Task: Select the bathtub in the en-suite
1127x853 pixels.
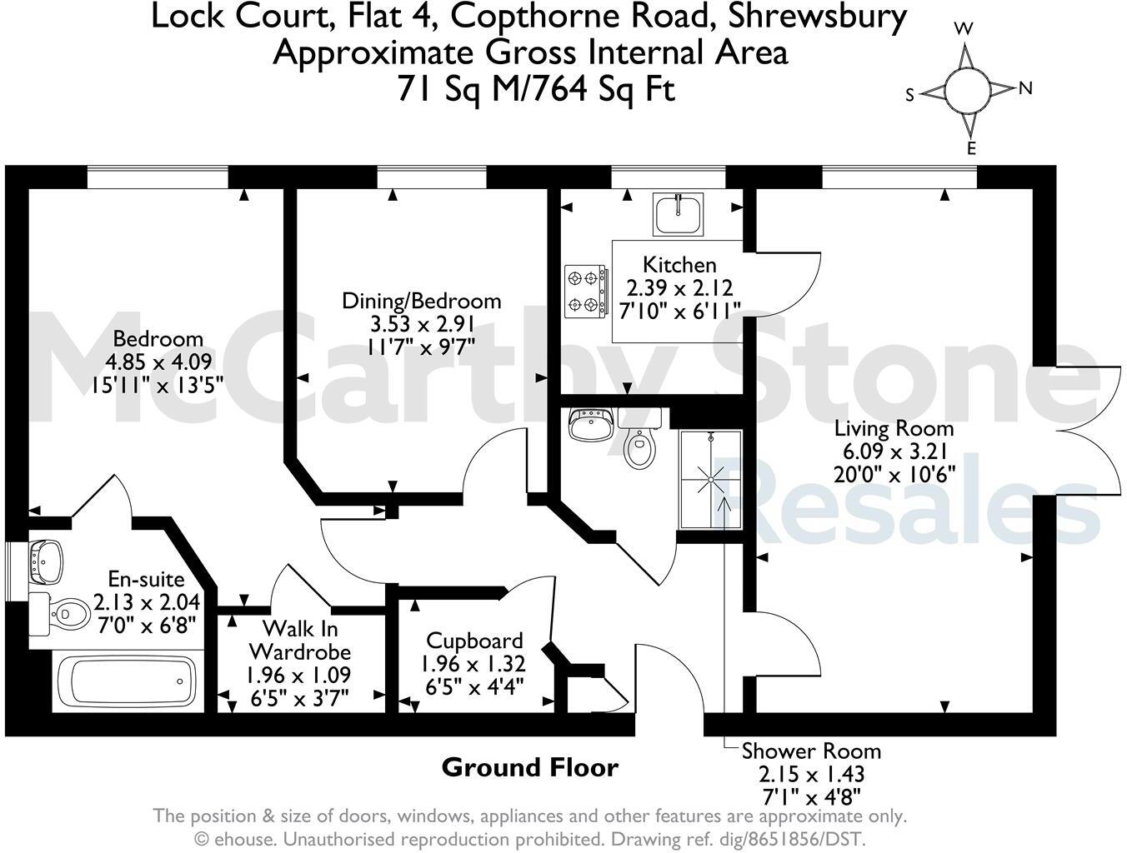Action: tap(128, 681)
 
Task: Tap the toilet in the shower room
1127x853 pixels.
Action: tap(639, 444)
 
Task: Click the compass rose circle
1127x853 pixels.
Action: tap(968, 90)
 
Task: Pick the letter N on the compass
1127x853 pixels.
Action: tap(1025, 87)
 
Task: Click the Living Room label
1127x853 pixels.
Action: tap(894, 429)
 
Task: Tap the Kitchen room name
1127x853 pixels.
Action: tap(679, 265)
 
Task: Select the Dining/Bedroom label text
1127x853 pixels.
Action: tap(422, 301)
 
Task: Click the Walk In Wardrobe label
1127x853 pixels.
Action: tap(300, 640)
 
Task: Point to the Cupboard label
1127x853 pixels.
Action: tap(474, 641)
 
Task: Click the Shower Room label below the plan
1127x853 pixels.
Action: tap(811, 751)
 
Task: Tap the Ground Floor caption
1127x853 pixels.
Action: tap(530, 767)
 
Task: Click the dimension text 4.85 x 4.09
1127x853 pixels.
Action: tap(158, 362)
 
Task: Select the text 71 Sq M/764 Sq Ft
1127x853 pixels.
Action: tap(536, 88)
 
